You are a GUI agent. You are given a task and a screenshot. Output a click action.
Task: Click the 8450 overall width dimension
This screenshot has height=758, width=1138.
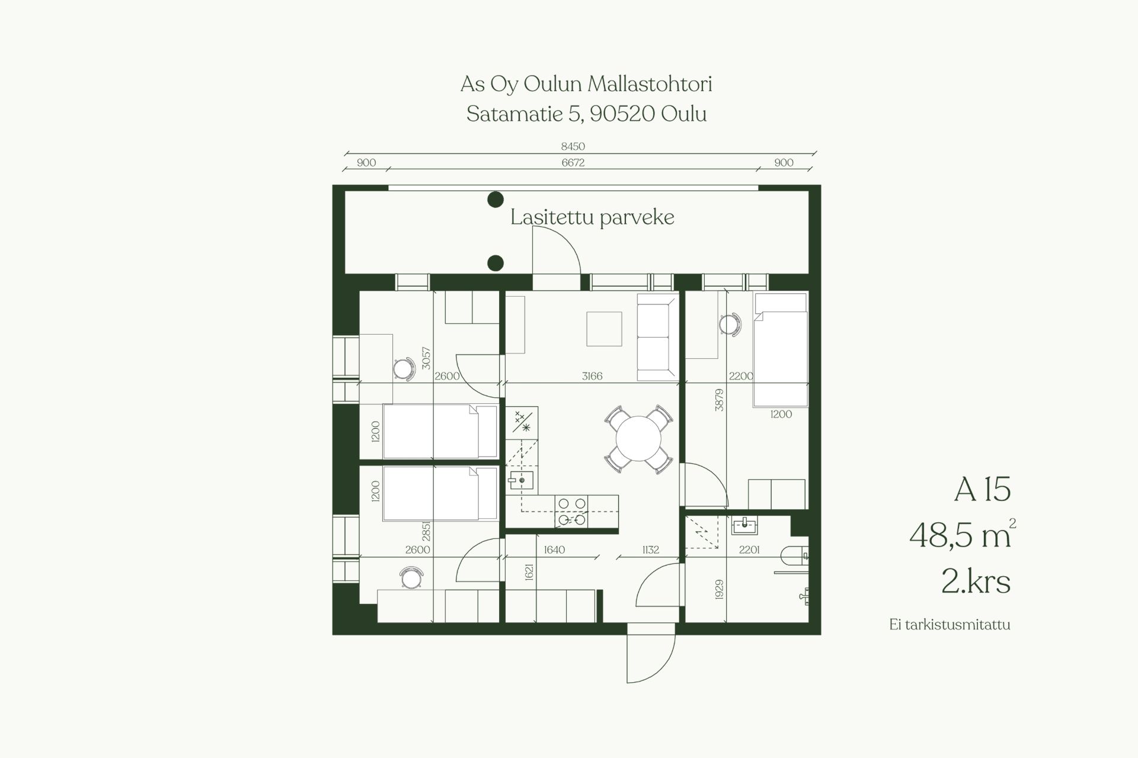573,146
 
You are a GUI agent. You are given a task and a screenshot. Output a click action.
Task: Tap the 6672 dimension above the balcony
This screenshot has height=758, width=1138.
573,163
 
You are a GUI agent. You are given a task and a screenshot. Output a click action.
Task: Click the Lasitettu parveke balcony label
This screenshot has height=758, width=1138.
592,217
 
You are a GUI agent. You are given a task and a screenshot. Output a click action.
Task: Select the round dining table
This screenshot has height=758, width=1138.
638,439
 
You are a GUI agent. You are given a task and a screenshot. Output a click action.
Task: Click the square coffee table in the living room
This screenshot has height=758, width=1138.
604,329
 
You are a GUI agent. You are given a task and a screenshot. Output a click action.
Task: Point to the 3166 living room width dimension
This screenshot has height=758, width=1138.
592,376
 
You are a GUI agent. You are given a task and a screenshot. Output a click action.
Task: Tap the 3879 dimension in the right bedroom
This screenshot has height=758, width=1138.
719,400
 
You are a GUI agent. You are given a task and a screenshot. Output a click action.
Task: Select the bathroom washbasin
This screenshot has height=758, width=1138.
744,525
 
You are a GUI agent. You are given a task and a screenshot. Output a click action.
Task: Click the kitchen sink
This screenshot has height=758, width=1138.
522,480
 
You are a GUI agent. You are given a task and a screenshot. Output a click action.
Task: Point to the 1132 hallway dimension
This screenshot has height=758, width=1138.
651,550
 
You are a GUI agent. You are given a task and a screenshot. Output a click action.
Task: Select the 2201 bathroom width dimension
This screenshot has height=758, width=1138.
749,550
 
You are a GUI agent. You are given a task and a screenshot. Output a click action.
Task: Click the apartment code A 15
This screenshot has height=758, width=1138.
982,490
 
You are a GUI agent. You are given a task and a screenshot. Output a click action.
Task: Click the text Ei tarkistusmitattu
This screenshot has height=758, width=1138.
950,625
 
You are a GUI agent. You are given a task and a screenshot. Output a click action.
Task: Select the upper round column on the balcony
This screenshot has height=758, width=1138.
496,200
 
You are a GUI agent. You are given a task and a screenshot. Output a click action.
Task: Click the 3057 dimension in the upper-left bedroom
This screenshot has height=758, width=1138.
426,358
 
